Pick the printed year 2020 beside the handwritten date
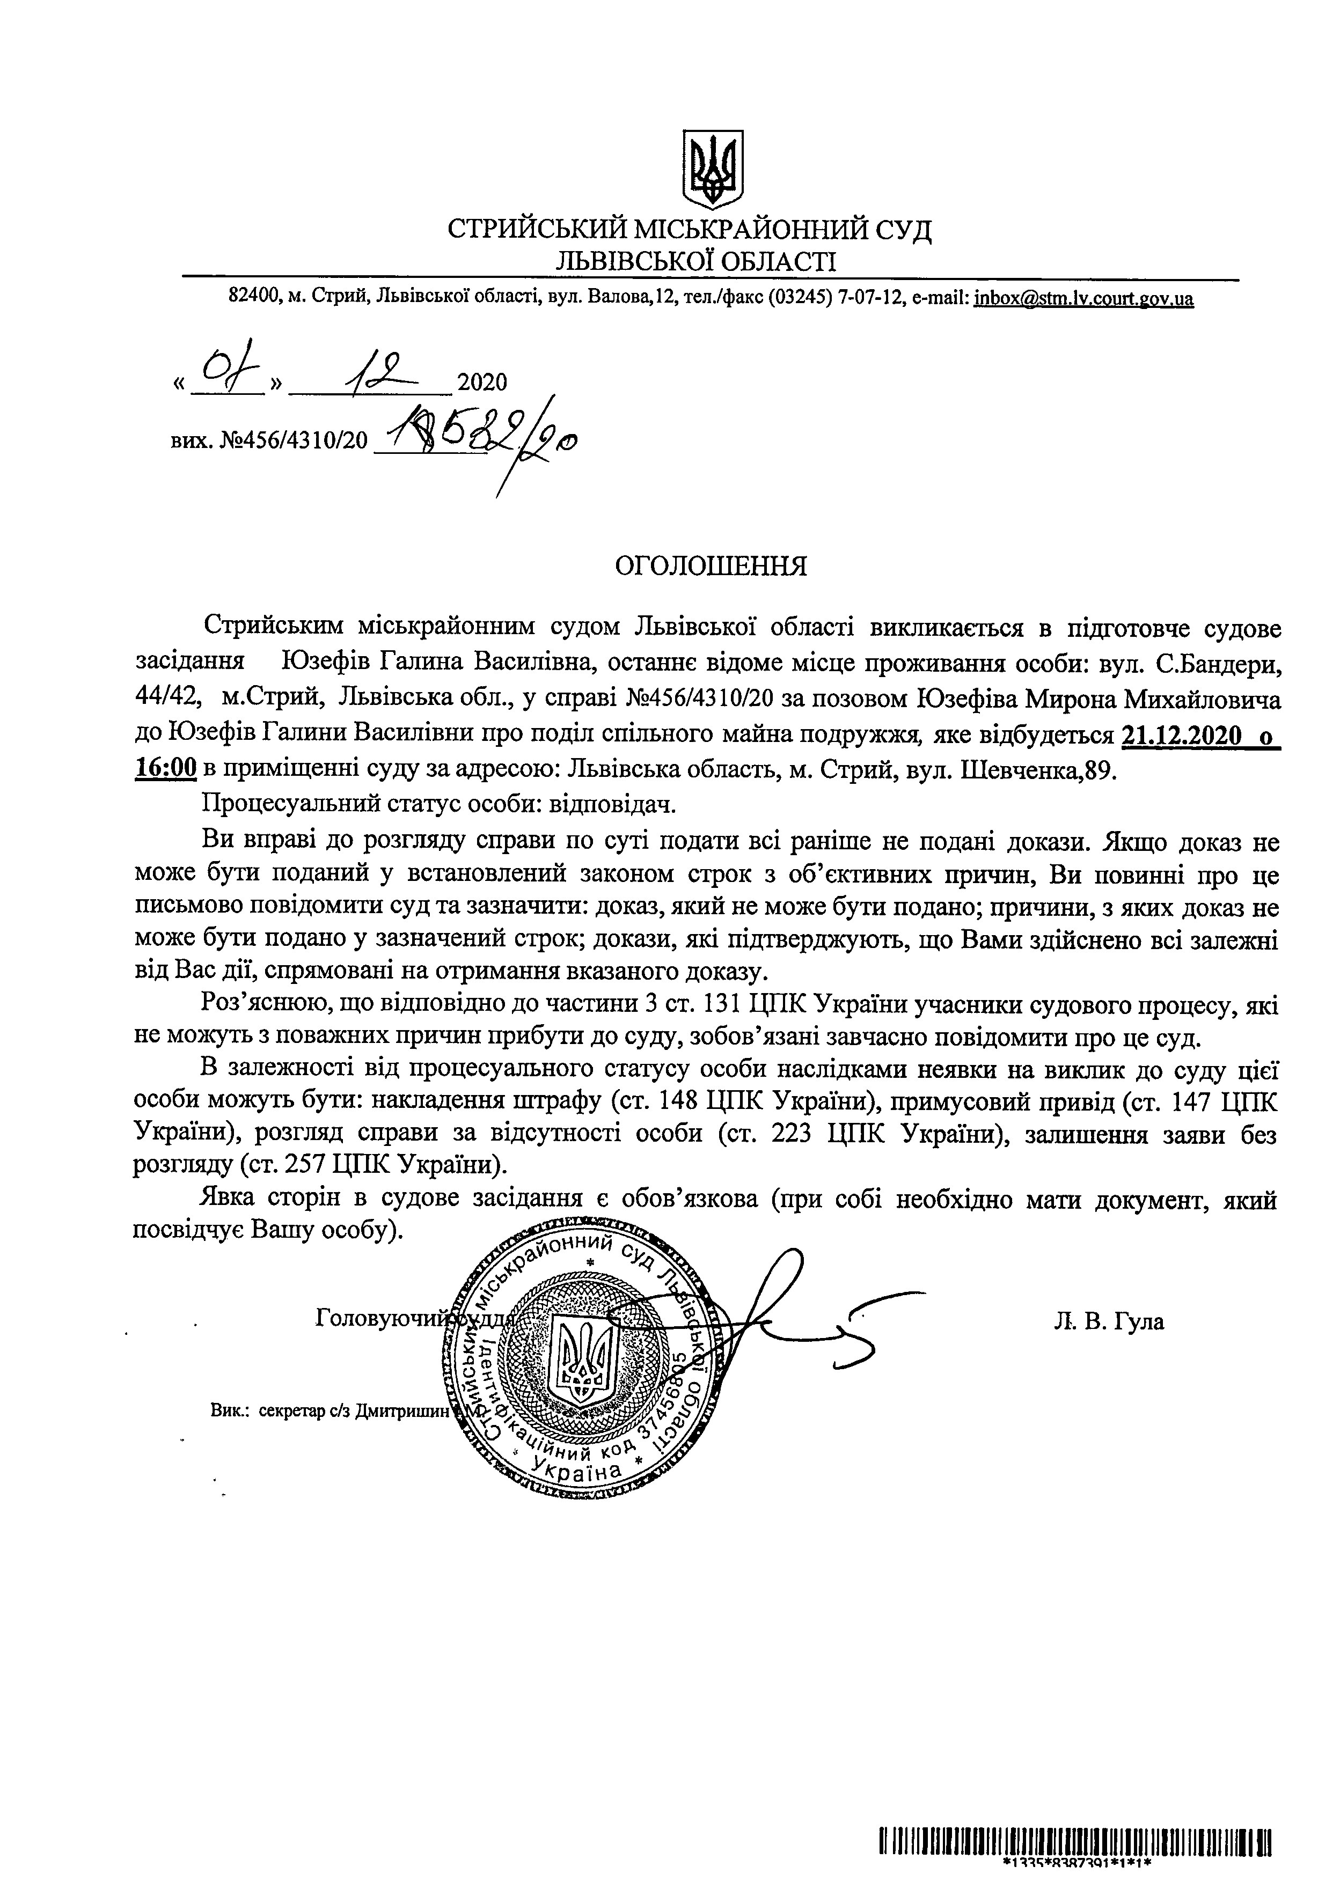point(482,381)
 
